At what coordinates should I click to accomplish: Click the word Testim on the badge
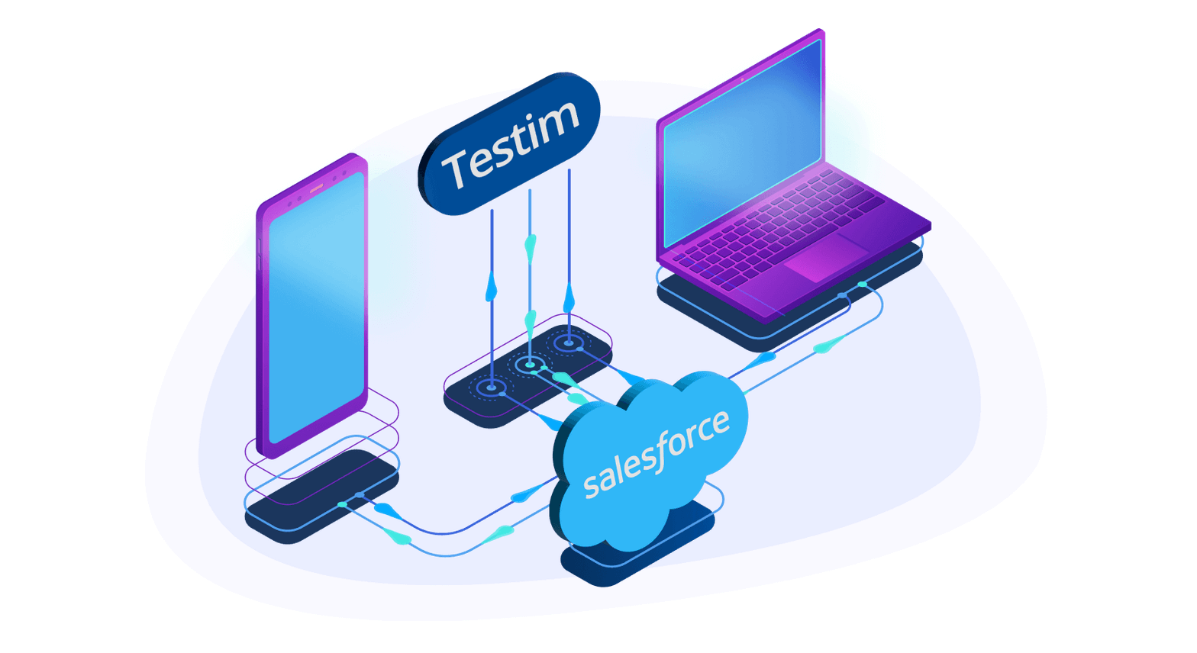(x=511, y=144)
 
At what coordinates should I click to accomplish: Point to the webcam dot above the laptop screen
(x=741, y=79)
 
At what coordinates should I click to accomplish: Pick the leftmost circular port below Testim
(x=492, y=388)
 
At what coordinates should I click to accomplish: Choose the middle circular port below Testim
(x=530, y=365)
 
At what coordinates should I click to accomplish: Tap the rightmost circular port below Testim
(x=569, y=343)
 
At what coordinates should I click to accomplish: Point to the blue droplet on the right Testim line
(x=569, y=298)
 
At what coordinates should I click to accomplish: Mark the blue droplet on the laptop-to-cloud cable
(x=763, y=357)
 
